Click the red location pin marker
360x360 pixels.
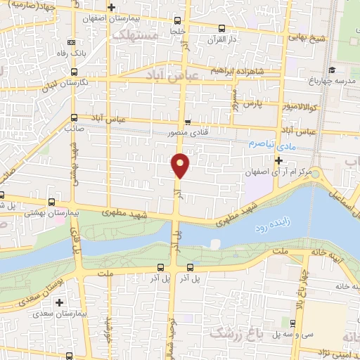181,165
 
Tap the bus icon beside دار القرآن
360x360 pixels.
221,29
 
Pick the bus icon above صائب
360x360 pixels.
74,117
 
